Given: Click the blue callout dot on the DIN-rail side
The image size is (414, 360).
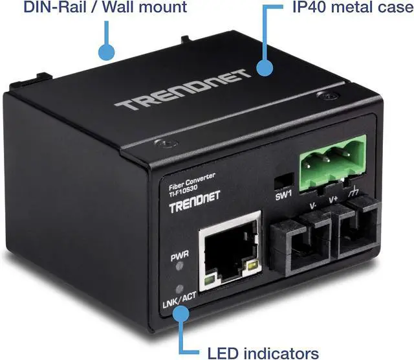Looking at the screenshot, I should [x=107, y=51].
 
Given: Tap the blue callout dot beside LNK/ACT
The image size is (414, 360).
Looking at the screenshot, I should [x=180, y=313].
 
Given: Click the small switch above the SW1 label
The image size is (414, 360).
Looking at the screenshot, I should [x=283, y=179].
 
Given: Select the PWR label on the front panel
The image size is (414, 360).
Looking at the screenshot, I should [x=179, y=258].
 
